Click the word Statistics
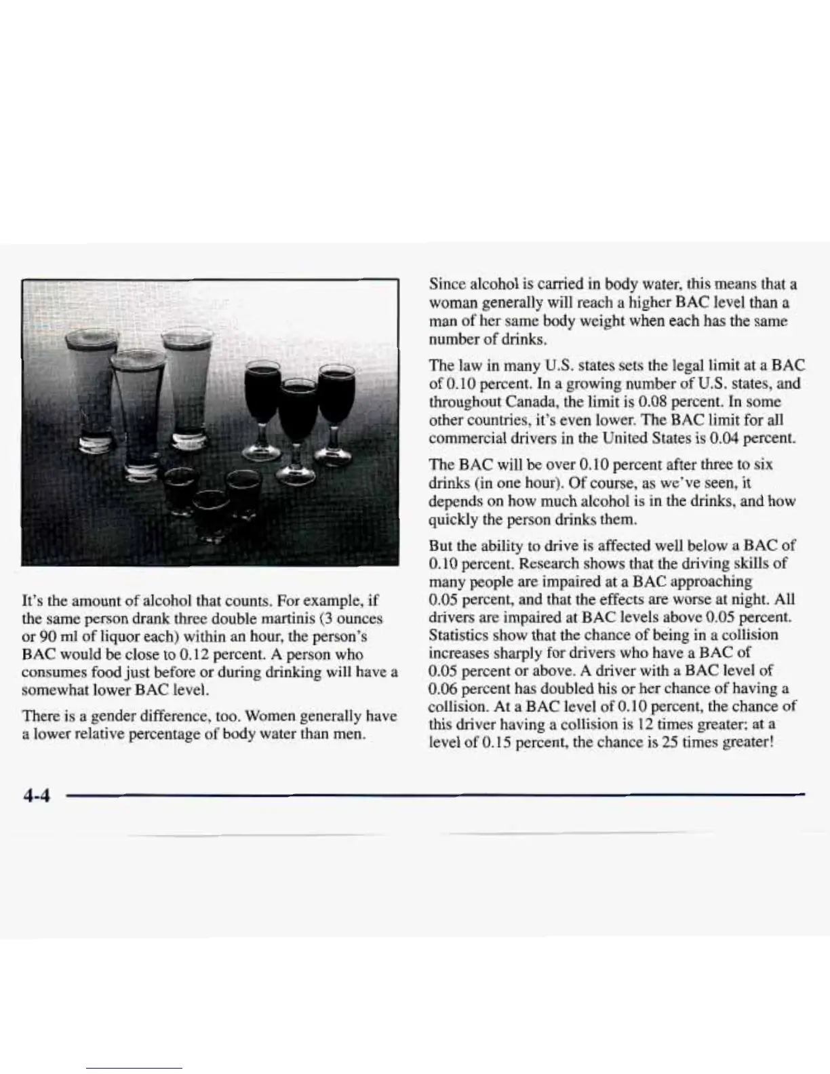(459, 635)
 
